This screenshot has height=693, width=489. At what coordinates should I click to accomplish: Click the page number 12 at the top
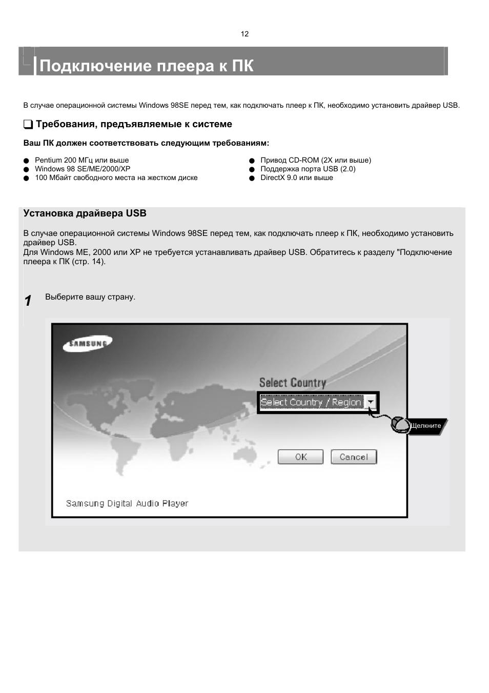tap(244, 34)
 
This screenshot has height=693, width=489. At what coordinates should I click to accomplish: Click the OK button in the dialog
tap(300, 457)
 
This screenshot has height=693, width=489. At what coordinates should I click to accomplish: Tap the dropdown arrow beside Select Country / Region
tap(371, 402)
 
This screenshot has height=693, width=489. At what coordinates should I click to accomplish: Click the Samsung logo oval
tap(87, 344)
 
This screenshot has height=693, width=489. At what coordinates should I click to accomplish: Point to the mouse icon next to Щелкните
tap(399, 424)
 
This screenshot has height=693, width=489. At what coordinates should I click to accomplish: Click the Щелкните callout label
tap(426, 426)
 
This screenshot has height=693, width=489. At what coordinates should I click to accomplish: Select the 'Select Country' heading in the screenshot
tap(292, 383)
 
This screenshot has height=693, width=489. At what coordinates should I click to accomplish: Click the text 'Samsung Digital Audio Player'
tap(127, 503)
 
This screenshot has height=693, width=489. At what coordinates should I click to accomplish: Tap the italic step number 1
tap(28, 301)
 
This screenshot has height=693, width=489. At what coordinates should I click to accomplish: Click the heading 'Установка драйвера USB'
tap(85, 213)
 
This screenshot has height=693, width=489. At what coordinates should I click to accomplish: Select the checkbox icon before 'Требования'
tap(28, 125)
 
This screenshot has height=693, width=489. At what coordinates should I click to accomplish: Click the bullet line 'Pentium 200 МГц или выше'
tap(82, 160)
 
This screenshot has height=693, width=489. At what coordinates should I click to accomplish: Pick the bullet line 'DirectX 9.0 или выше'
tap(297, 177)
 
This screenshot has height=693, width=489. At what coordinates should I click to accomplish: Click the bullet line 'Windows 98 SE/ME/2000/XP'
tap(83, 169)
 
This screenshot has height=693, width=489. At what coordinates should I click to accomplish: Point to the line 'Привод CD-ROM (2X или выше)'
tap(316, 160)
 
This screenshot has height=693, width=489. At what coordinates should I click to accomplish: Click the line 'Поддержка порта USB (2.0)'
tap(308, 169)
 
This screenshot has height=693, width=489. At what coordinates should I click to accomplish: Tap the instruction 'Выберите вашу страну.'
tap(90, 297)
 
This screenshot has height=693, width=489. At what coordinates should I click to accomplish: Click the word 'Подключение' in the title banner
tap(96, 66)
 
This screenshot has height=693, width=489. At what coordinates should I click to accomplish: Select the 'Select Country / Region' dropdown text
tap(311, 402)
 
